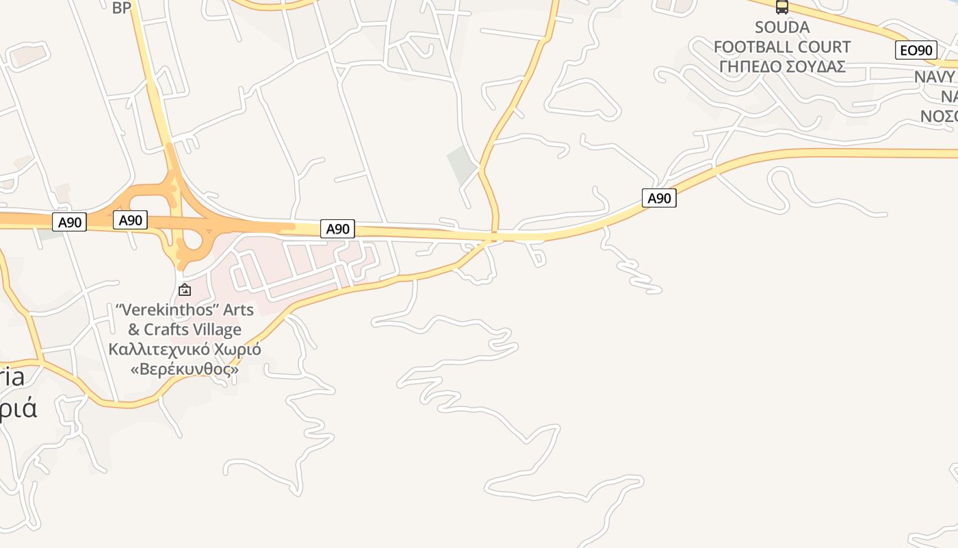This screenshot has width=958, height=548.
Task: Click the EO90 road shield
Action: click(916, 50)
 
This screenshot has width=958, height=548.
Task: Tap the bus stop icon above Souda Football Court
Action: click(781, 7)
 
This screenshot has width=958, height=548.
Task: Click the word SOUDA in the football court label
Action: click(782, 27)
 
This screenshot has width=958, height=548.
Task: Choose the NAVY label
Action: click(935, 77)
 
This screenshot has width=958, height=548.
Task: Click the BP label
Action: click(121, 8)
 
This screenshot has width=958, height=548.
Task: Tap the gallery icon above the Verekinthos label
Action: click(184, 290)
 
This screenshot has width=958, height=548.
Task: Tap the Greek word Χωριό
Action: click(237, 349)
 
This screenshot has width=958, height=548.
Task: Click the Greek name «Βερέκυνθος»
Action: click(184, 369)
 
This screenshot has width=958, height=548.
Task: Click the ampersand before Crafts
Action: click(134, 329)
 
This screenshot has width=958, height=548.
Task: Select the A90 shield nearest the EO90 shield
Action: click(659, 199)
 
